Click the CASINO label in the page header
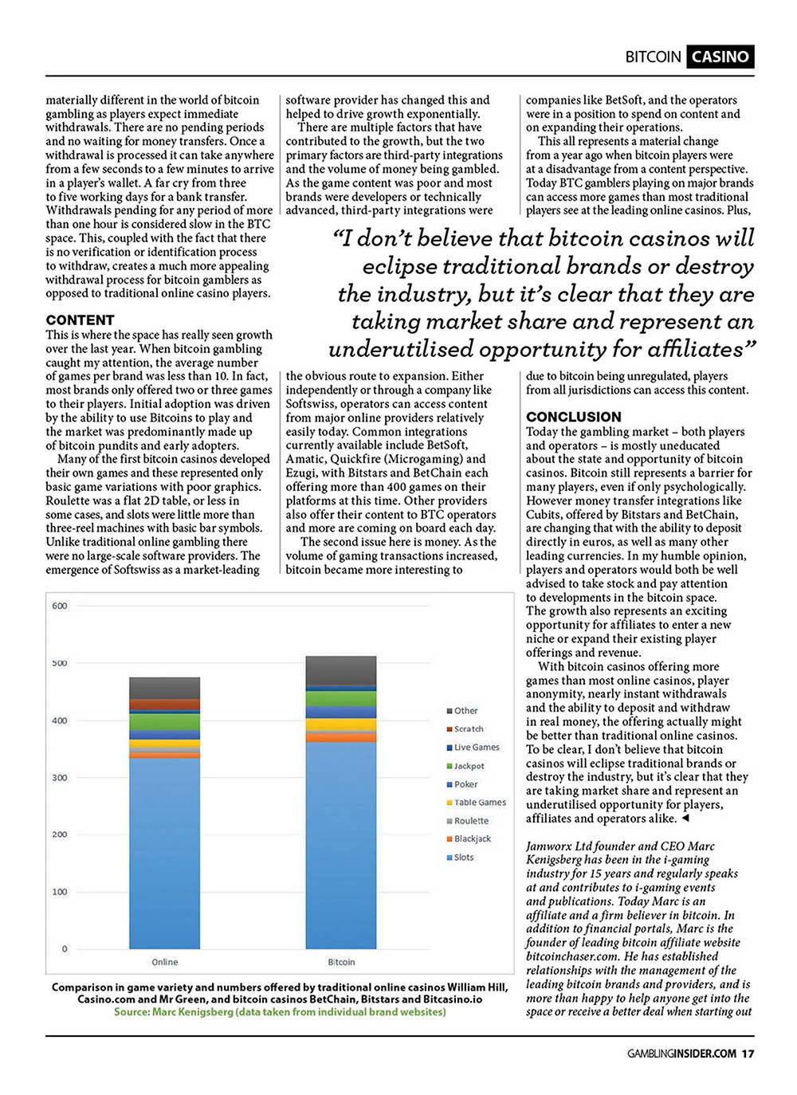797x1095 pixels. [x=720, y=57]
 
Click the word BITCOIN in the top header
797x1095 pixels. [x=653, y=57]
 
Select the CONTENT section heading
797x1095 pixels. [x=80, y=320]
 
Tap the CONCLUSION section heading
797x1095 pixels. [x=573, y=417]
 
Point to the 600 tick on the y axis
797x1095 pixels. [x=60, y=606]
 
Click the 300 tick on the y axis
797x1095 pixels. [x=60, y=778]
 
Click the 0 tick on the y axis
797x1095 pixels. [x=65, y=949]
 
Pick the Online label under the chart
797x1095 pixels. [x=165, y=962]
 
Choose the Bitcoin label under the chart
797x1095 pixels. [x=341, y=962]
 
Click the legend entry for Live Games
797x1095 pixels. [x=476, y=748]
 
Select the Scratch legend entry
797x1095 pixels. [x=468, y=729]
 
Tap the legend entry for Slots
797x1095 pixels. [x=463, y=858]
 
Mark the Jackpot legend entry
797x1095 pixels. [x=469, y=766]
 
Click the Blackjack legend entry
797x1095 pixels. [x=472, y=839]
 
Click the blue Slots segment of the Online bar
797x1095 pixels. [x=165, y=853]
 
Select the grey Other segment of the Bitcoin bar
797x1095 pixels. [x=341, y=670]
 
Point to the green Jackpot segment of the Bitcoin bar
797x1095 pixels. [x=341, y=699]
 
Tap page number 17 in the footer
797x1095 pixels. [x=748, y=1054]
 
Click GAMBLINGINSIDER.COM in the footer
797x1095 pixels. [x=681, y=1054]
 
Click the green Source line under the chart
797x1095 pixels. [x=280, y=1012]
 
